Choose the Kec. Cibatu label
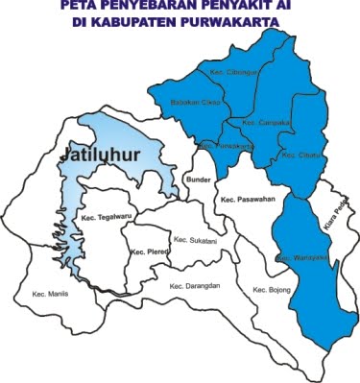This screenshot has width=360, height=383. pos(297,154)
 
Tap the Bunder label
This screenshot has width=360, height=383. pos(196,179)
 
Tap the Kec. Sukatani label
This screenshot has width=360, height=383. pos(194,240)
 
